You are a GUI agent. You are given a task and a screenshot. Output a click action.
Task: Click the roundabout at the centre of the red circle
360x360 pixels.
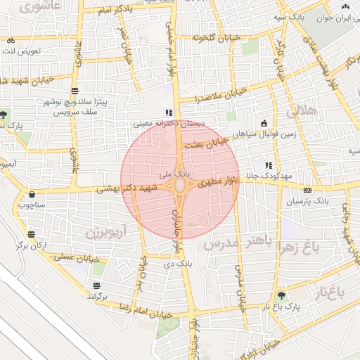180,186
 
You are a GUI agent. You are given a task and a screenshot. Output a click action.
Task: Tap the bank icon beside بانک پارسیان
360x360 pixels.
307,191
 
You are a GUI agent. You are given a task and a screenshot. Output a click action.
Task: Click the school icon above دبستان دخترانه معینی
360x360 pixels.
167,112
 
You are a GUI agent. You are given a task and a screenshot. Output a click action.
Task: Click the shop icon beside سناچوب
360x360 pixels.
32,195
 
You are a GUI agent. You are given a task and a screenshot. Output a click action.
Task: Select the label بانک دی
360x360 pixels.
177,264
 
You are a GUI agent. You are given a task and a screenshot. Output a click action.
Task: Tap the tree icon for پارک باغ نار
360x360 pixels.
282,296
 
